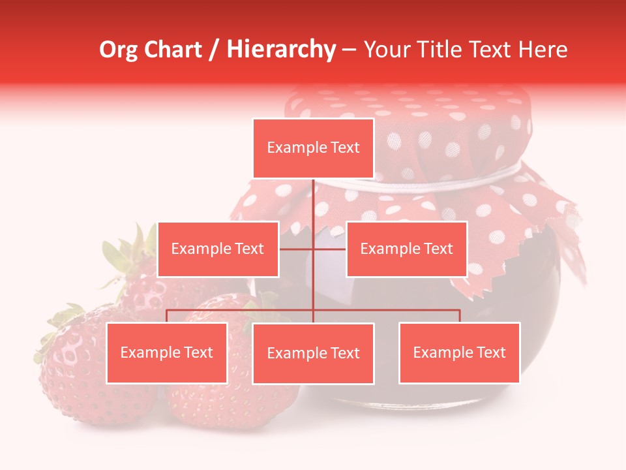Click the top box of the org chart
point(313,148)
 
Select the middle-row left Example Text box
point(218,249)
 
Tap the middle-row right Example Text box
point(406,249)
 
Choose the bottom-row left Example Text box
point(167,352)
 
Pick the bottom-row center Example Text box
point(313,353)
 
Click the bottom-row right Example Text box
point(459,352)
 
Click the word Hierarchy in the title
point(281,50)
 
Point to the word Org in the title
point(118,50)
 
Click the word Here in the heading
point(543,50)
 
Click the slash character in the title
point(215,50)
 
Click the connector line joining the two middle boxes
point(329,249)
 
